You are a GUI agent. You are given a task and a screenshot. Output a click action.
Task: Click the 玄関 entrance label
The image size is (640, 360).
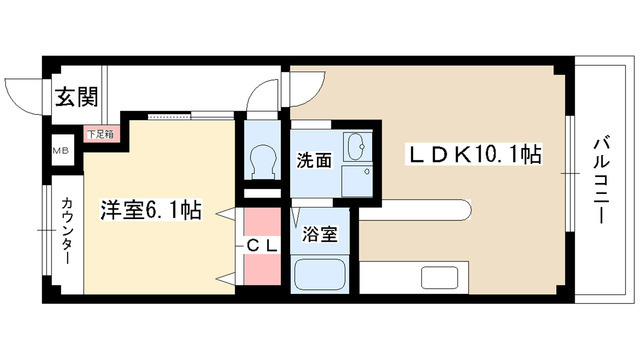pos(76,97)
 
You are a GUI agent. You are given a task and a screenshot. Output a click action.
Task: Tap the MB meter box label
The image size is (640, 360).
pos(59,151)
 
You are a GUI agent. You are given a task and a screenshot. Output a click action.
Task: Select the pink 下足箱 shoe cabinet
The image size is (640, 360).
pos(98,133)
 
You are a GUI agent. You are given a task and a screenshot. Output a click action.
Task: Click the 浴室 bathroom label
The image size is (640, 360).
pos(320,235)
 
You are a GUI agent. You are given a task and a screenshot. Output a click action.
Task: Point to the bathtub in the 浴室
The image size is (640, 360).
pos(320,273)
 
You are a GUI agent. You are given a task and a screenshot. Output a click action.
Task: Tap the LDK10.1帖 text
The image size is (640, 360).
pos(472,155)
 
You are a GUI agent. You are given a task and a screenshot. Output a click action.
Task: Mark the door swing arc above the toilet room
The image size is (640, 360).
pos(262,95)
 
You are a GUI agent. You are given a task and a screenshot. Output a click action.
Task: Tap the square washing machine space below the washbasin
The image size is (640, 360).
pos(356,181)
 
